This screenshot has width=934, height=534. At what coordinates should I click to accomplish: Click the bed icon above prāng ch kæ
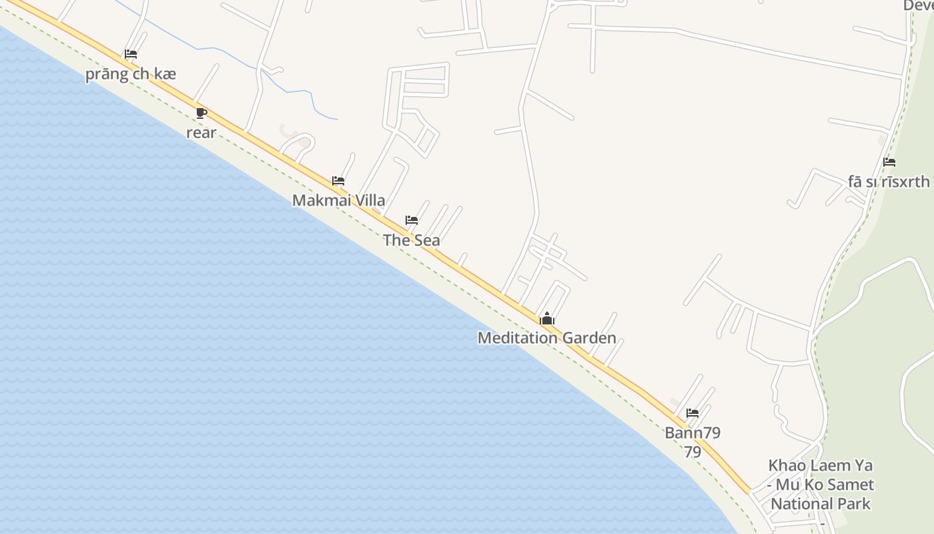[x=131, y=54]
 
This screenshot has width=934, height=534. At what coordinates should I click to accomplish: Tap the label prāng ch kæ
[x=131, y=74]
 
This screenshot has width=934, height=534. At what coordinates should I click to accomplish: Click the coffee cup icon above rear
[x=201, y=112]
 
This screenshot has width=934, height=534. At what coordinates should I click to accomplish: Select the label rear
[x=201, y=133]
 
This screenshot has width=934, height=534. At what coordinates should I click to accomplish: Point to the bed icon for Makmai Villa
[x=338, y=180]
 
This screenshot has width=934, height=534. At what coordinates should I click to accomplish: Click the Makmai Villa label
[x=338, y=200]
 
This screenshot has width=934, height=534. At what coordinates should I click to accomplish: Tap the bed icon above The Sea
[x=412, y=220]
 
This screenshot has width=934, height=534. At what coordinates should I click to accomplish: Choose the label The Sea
[x=412, y=240]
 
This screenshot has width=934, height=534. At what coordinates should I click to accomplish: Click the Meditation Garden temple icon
[x=547, y=318]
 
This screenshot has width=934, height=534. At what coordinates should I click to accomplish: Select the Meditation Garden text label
[x=547, y=338]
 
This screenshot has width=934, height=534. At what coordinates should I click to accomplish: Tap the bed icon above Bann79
[x=692, y=413]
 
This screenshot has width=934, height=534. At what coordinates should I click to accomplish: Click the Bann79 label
[x=692, y=433]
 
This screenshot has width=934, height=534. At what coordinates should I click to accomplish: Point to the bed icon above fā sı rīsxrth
[x=889, y=162]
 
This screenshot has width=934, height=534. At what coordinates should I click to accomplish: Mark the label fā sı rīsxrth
[x=889, y=182]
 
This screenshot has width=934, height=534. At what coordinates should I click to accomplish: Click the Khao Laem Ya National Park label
[x=821, y=485]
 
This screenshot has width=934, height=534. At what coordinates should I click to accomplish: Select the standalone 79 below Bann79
[x=692, y=453]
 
